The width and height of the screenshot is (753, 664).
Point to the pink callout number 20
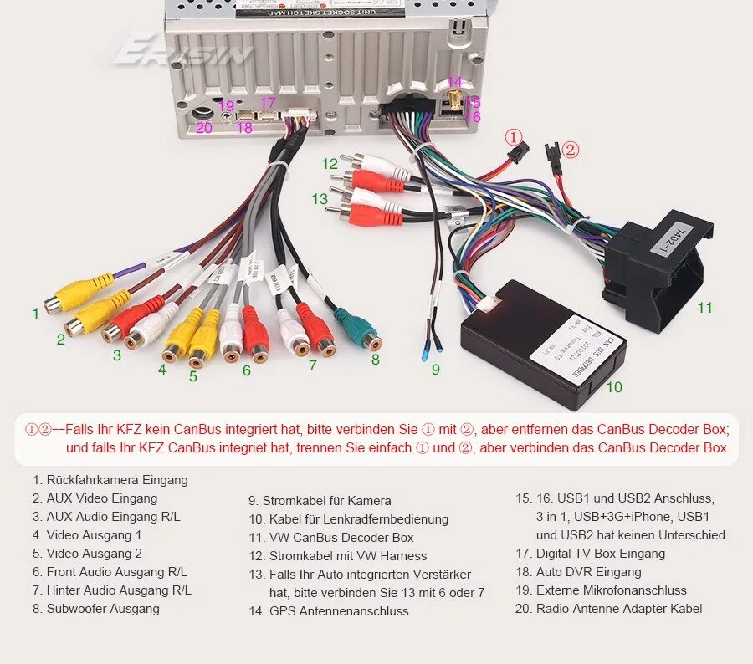[x=204, y=128]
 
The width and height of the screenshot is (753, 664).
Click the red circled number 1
[x=513, y=136]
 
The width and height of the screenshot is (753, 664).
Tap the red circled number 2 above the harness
[x=570, y=150]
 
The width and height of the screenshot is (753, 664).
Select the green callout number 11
[x=705, y=308]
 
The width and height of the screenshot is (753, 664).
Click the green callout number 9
[x=435, y=369]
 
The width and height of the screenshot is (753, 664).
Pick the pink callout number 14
[x=454, y=82]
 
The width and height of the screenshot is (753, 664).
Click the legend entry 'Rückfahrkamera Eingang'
[x=117, y=480]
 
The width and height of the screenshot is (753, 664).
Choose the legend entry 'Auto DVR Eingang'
[x=588, y=572]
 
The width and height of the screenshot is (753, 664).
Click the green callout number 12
[x=330, y=164]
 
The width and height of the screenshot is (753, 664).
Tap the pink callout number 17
[x=268, y=103]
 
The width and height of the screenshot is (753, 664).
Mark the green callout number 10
[x=614, y=387]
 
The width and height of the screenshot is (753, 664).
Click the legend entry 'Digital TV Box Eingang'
[x=600, y=554]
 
